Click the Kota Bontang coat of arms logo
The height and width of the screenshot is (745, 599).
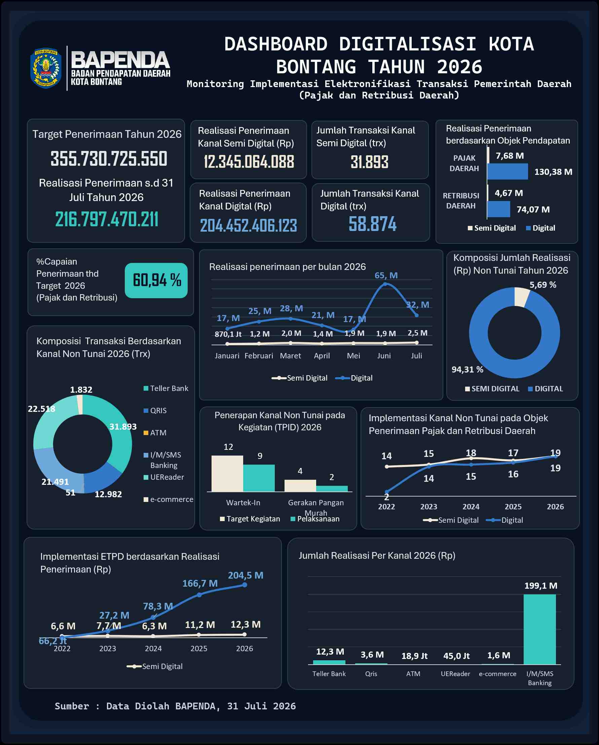tap(46, 68)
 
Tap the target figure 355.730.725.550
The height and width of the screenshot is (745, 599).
tap(109, 159)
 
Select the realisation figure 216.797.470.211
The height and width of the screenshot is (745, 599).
tap(107, 220)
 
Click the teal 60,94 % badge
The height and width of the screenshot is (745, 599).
tap(156, 280)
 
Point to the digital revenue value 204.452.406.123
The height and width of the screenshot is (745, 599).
tap(249, 226)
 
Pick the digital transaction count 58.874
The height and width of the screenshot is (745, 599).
tap(372, 224)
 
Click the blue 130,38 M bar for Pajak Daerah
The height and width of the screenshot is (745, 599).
tap(508, 171)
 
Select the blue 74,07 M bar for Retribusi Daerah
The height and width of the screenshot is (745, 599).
tap(498, 209)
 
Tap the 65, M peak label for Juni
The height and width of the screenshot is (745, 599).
tap(386, 275)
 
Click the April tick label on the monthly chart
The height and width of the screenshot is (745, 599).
tap(322, 356)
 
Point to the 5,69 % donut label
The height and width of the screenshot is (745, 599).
tap(543, 285)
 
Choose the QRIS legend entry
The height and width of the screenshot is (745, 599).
tap(155, 410)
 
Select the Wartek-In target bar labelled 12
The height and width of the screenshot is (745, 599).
tap(227, 473)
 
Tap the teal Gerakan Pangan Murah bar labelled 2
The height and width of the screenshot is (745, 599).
tap(332, 488)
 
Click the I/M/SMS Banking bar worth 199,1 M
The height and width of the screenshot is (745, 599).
tap(539, 629)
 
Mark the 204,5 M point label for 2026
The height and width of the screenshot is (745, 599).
tap(246, 575)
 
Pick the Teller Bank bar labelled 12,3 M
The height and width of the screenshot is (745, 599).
tap(329, 662)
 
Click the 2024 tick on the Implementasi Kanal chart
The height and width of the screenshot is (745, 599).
tap(471, 507)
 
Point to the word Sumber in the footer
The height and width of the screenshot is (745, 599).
tap(72, 706)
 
